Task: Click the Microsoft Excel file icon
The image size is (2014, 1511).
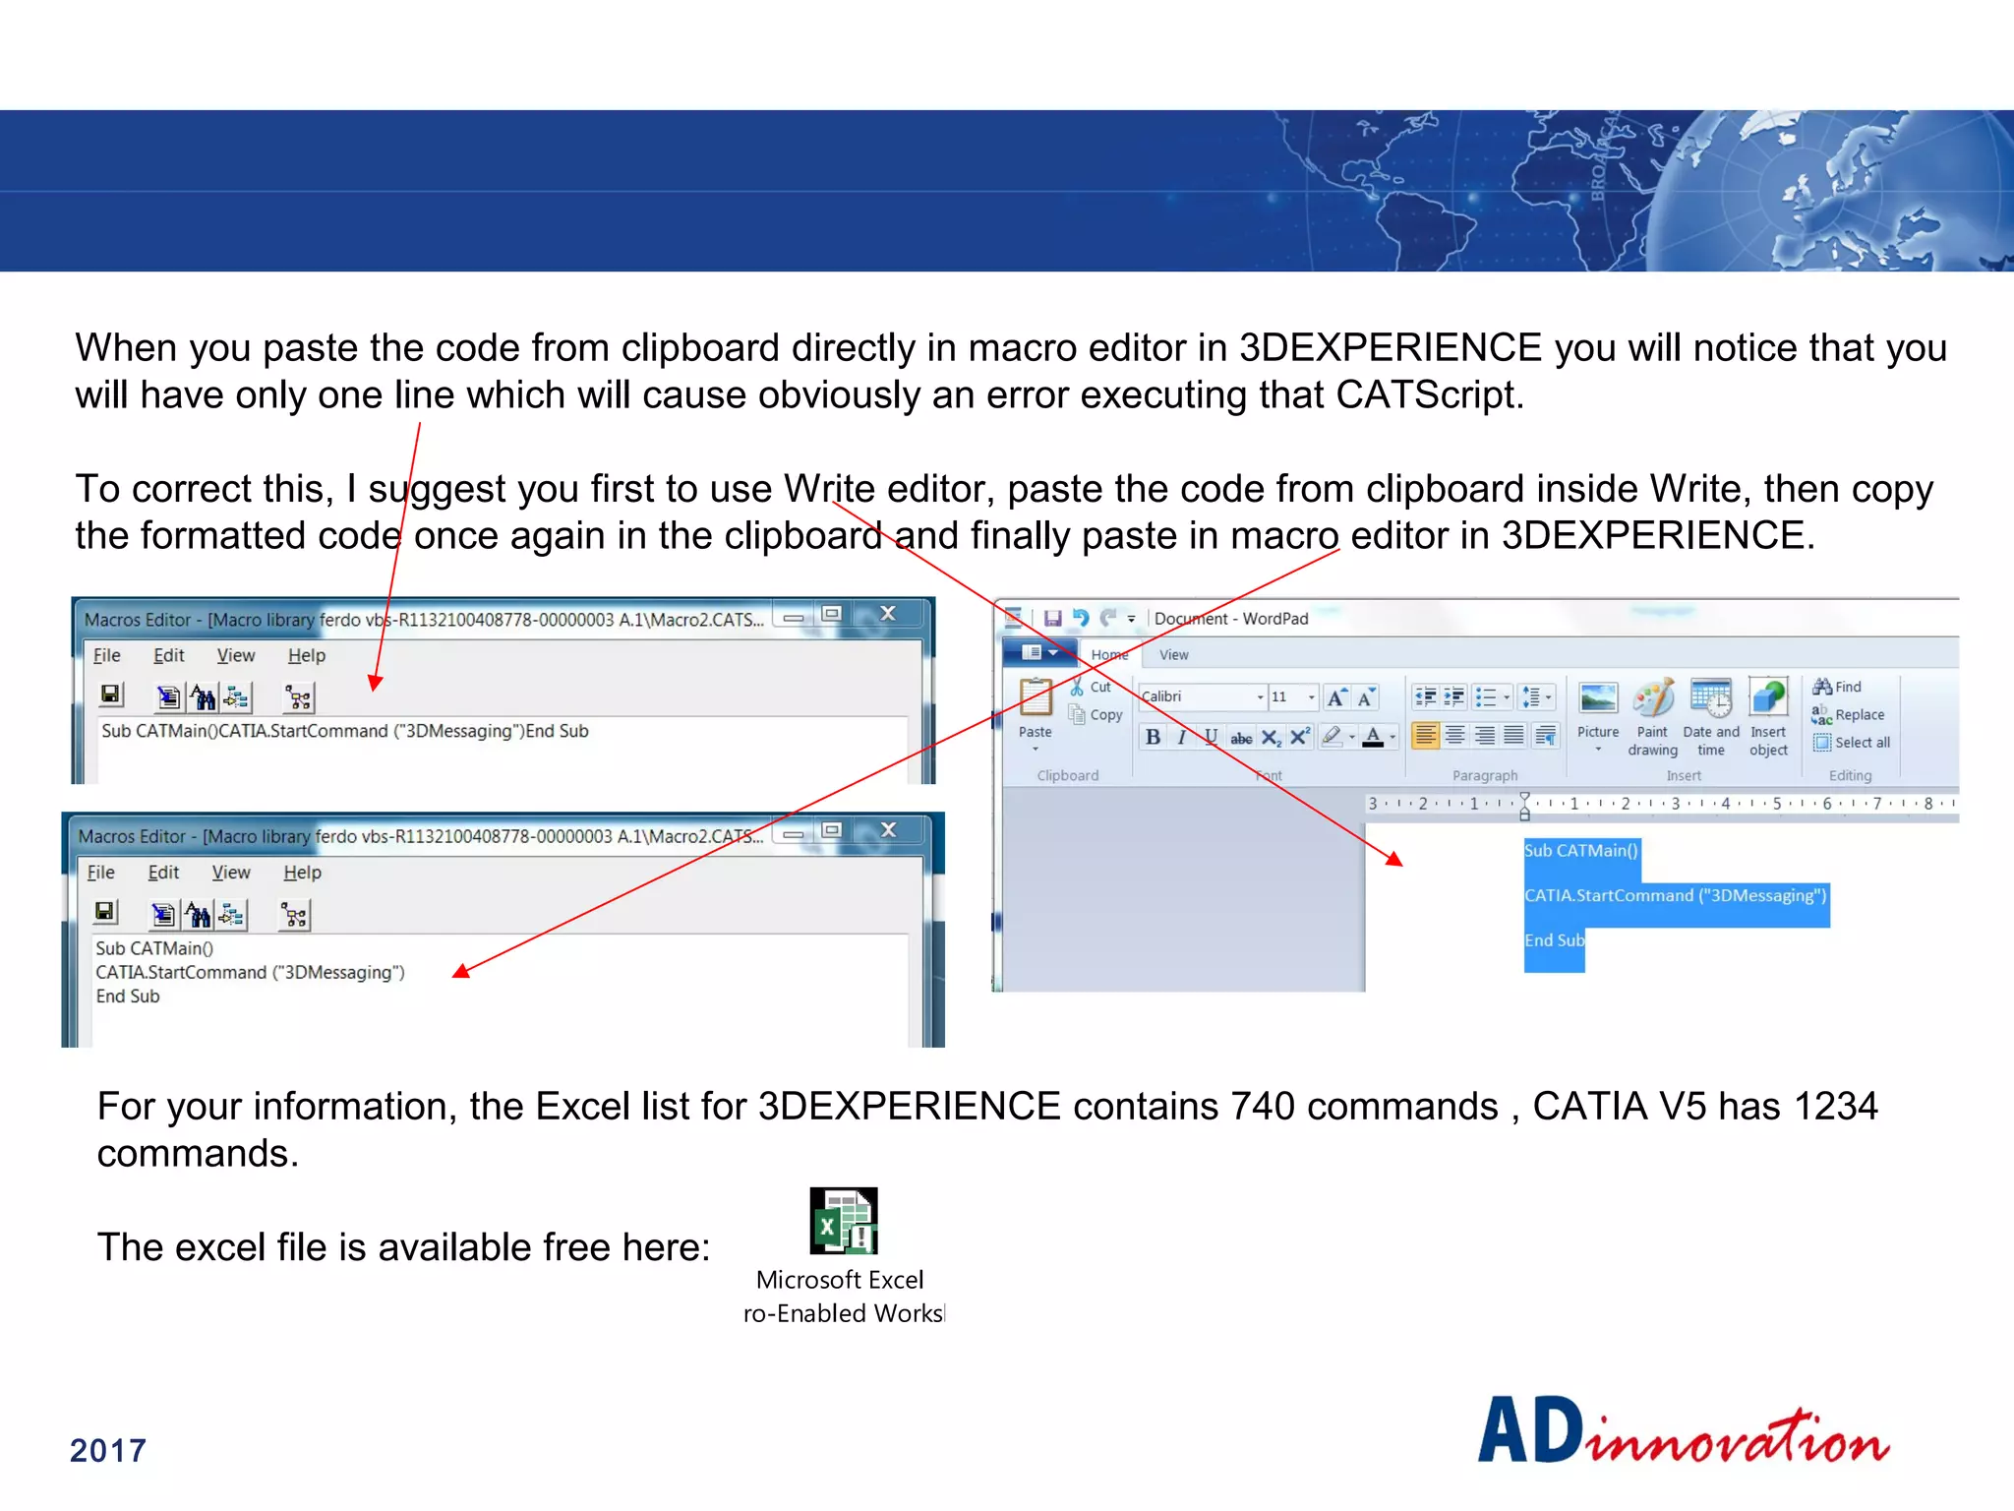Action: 843,1221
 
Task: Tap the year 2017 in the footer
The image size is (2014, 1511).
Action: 108,1450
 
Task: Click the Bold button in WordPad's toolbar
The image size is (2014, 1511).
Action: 1153,737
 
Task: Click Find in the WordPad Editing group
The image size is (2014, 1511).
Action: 1838,687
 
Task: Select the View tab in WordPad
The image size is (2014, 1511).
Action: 1173,655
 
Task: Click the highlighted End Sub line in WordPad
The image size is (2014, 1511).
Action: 1554,940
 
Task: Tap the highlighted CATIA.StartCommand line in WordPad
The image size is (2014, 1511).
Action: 1675,895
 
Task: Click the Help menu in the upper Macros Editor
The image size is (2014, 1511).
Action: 306,655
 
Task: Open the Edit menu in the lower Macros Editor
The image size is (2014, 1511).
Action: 163,873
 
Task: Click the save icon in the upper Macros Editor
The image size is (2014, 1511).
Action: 111,695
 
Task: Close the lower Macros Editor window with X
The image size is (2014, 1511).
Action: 889,830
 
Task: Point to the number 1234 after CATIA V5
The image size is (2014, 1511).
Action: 1835,1107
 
